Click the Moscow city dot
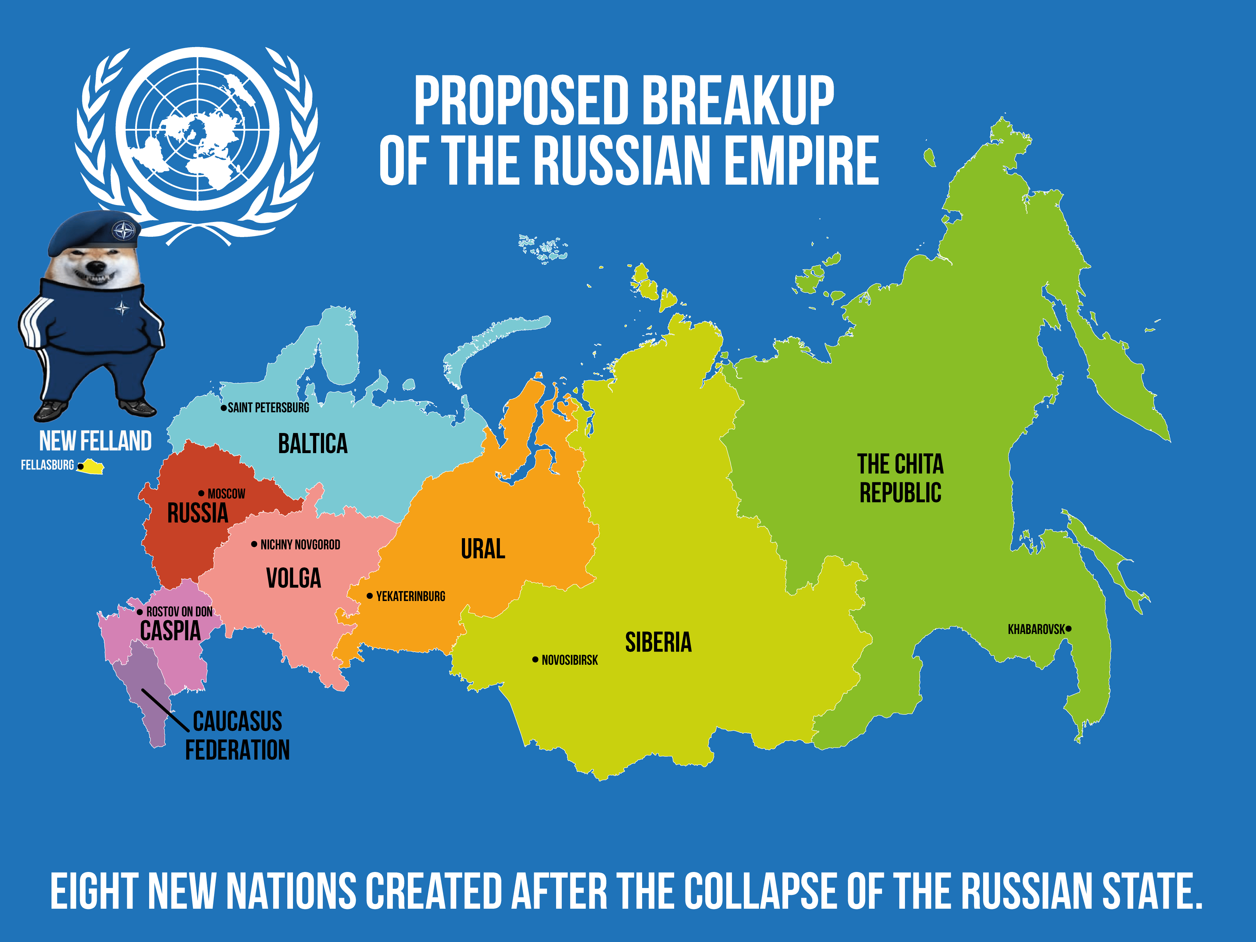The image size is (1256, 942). (x=201, y=493)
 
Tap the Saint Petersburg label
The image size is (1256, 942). (x=268, y=408)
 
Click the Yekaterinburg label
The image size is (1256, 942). (x=410, y=596)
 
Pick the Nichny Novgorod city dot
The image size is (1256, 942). (x=254, y=544)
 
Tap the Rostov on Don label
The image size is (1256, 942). (x=179, y=612)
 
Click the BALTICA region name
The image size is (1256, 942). (x=312, y=443)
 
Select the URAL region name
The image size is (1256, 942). (x=483, y=549)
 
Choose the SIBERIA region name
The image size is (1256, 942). (x=658, y=642)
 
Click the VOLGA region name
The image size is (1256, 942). (x=294, y=578)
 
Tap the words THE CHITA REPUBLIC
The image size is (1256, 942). (x=900, y=478)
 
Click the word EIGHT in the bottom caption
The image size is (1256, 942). (x=94, y=891)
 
